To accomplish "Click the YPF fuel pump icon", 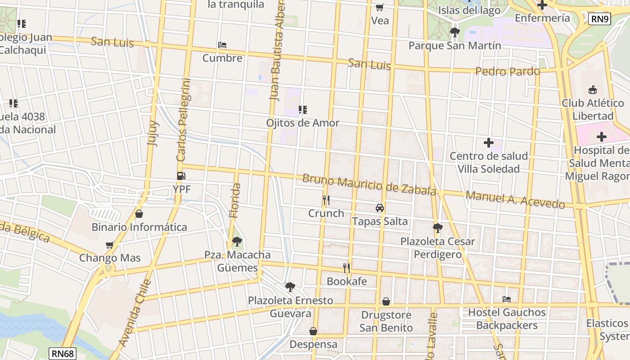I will click(x=181, y=176).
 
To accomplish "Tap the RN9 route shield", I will click(x=599, y=19).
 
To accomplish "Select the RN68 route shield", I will click(x=63, y=353).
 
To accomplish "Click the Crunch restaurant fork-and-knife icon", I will click(x=326, y=200).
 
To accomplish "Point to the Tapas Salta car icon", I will click(x=380, y=208).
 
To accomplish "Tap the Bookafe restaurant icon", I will click(x=346, y=268).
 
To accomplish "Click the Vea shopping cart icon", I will click(x=380, y=7).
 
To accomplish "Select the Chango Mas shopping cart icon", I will click(x=109, y=245).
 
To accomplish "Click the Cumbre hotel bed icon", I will click(x=222, y=45).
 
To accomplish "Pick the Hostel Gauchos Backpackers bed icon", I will click(x=507, y=299).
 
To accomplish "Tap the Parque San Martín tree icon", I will click(x=454, y=32).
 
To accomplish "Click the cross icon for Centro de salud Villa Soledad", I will click(x=488, y=143).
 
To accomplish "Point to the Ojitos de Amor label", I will click(x=303, y=123).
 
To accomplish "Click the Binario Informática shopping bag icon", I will click(x=139, y=214).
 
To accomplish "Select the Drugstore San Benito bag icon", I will click(x=386, y=301).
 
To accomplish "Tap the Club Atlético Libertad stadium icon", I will click(x=593, y=90).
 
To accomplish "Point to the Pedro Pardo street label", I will click(x=508, y=72).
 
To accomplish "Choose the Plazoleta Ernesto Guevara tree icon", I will click(x=290, y=287).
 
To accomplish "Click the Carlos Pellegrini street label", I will click(x=184, y=120).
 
